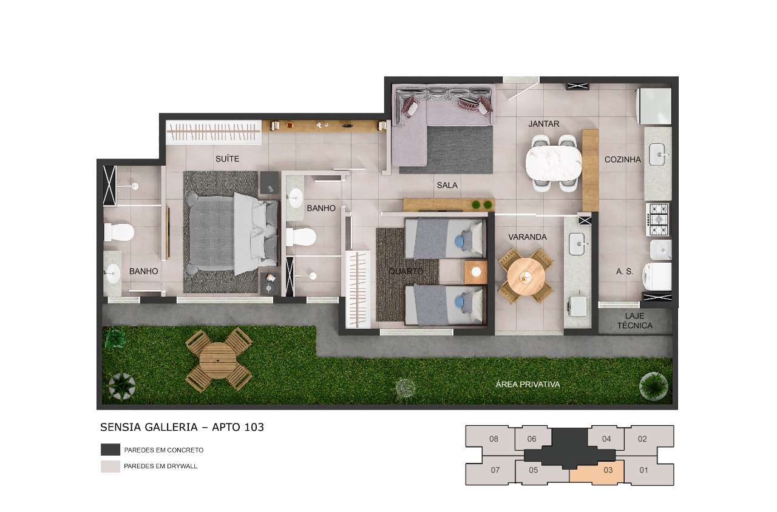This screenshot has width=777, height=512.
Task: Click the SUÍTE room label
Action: point(227,159)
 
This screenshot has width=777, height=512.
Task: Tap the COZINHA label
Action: point(622,160)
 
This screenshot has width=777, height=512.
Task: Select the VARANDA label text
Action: point(528,237)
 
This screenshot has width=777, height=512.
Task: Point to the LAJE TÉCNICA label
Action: point(635,321)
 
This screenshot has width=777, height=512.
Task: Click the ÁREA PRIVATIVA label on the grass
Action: point(528,385)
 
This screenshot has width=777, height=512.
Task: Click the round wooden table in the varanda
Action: point(526,276)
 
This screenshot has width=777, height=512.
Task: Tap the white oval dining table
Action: point(554,163)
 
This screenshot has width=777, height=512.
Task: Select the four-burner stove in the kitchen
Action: point(659,219)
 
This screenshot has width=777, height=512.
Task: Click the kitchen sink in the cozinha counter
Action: point(658,154)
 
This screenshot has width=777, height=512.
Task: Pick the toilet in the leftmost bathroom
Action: point(118,232)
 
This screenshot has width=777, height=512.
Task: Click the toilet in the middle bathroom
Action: point(301,236)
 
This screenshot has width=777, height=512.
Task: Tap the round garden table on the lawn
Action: point(219,360)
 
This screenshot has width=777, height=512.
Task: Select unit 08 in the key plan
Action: point(493,439)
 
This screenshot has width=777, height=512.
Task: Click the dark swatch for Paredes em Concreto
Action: point(110,450)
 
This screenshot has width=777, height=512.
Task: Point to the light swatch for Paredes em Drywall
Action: point(110,467)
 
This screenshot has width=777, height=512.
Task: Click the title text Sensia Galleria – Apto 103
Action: point(182,427)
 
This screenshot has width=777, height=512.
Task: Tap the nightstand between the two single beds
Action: point(476,272)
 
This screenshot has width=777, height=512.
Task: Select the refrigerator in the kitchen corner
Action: point(653,106)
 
